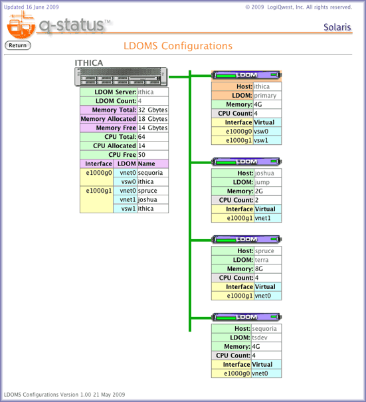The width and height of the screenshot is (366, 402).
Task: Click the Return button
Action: click(18, 45)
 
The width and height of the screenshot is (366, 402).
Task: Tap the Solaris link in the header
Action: click(337, 27)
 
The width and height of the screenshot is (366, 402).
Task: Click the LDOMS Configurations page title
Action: click(178, 46)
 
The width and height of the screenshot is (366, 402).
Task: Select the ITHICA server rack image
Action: click(121, 76)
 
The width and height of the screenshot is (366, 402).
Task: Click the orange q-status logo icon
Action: click(21, 26)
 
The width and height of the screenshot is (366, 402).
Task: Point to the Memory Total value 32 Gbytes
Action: click(153, 110)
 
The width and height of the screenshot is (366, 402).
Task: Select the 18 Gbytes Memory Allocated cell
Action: click(153, 119)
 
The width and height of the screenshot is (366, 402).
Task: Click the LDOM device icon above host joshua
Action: click(246, 161)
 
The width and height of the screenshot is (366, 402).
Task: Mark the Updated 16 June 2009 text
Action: click(31, 7)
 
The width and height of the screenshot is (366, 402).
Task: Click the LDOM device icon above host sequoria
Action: click(246, 317)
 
